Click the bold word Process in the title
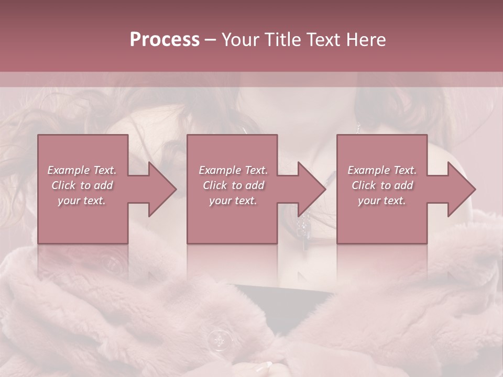point(165,40)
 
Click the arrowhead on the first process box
point(160,189)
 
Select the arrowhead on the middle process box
point(310,189)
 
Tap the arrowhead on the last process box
point(459,189)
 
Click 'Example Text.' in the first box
point(82,170)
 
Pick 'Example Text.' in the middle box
point(233,170)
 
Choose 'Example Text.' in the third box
point(382,170)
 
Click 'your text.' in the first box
point(82,201)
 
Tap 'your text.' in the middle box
point(233,201)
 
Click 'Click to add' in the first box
point(82,185)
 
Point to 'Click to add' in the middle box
point(233,185)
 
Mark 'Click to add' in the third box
point(382,185)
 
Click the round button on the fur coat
point(219,340)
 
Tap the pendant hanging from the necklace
point(303,225)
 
